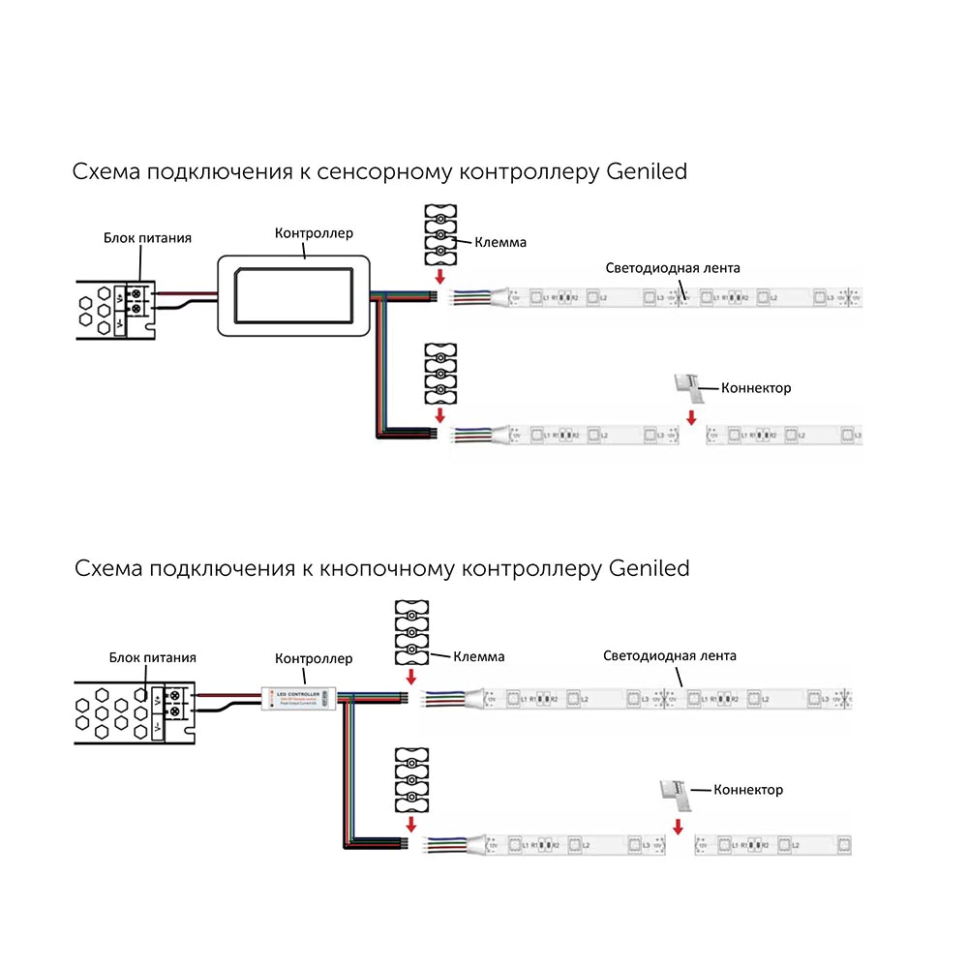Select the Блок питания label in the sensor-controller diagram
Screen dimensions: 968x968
point(148,237)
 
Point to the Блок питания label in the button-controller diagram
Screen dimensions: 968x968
point(153,657)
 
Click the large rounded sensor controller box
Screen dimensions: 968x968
point(293,294)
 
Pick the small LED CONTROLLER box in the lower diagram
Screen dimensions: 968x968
point(299,696)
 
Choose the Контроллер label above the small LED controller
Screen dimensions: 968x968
point(315,658)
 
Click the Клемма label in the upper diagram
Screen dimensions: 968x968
point(500,242)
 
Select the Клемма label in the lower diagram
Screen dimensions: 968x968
point(478,656)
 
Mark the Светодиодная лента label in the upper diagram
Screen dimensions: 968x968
point(673,268)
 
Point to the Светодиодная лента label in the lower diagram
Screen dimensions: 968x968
point(670,655)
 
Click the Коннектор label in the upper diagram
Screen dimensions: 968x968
point(756,387)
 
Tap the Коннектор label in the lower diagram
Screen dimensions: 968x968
point(748,790)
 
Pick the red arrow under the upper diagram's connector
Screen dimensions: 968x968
point(691,418)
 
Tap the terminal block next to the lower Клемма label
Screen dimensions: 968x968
point(411,632)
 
